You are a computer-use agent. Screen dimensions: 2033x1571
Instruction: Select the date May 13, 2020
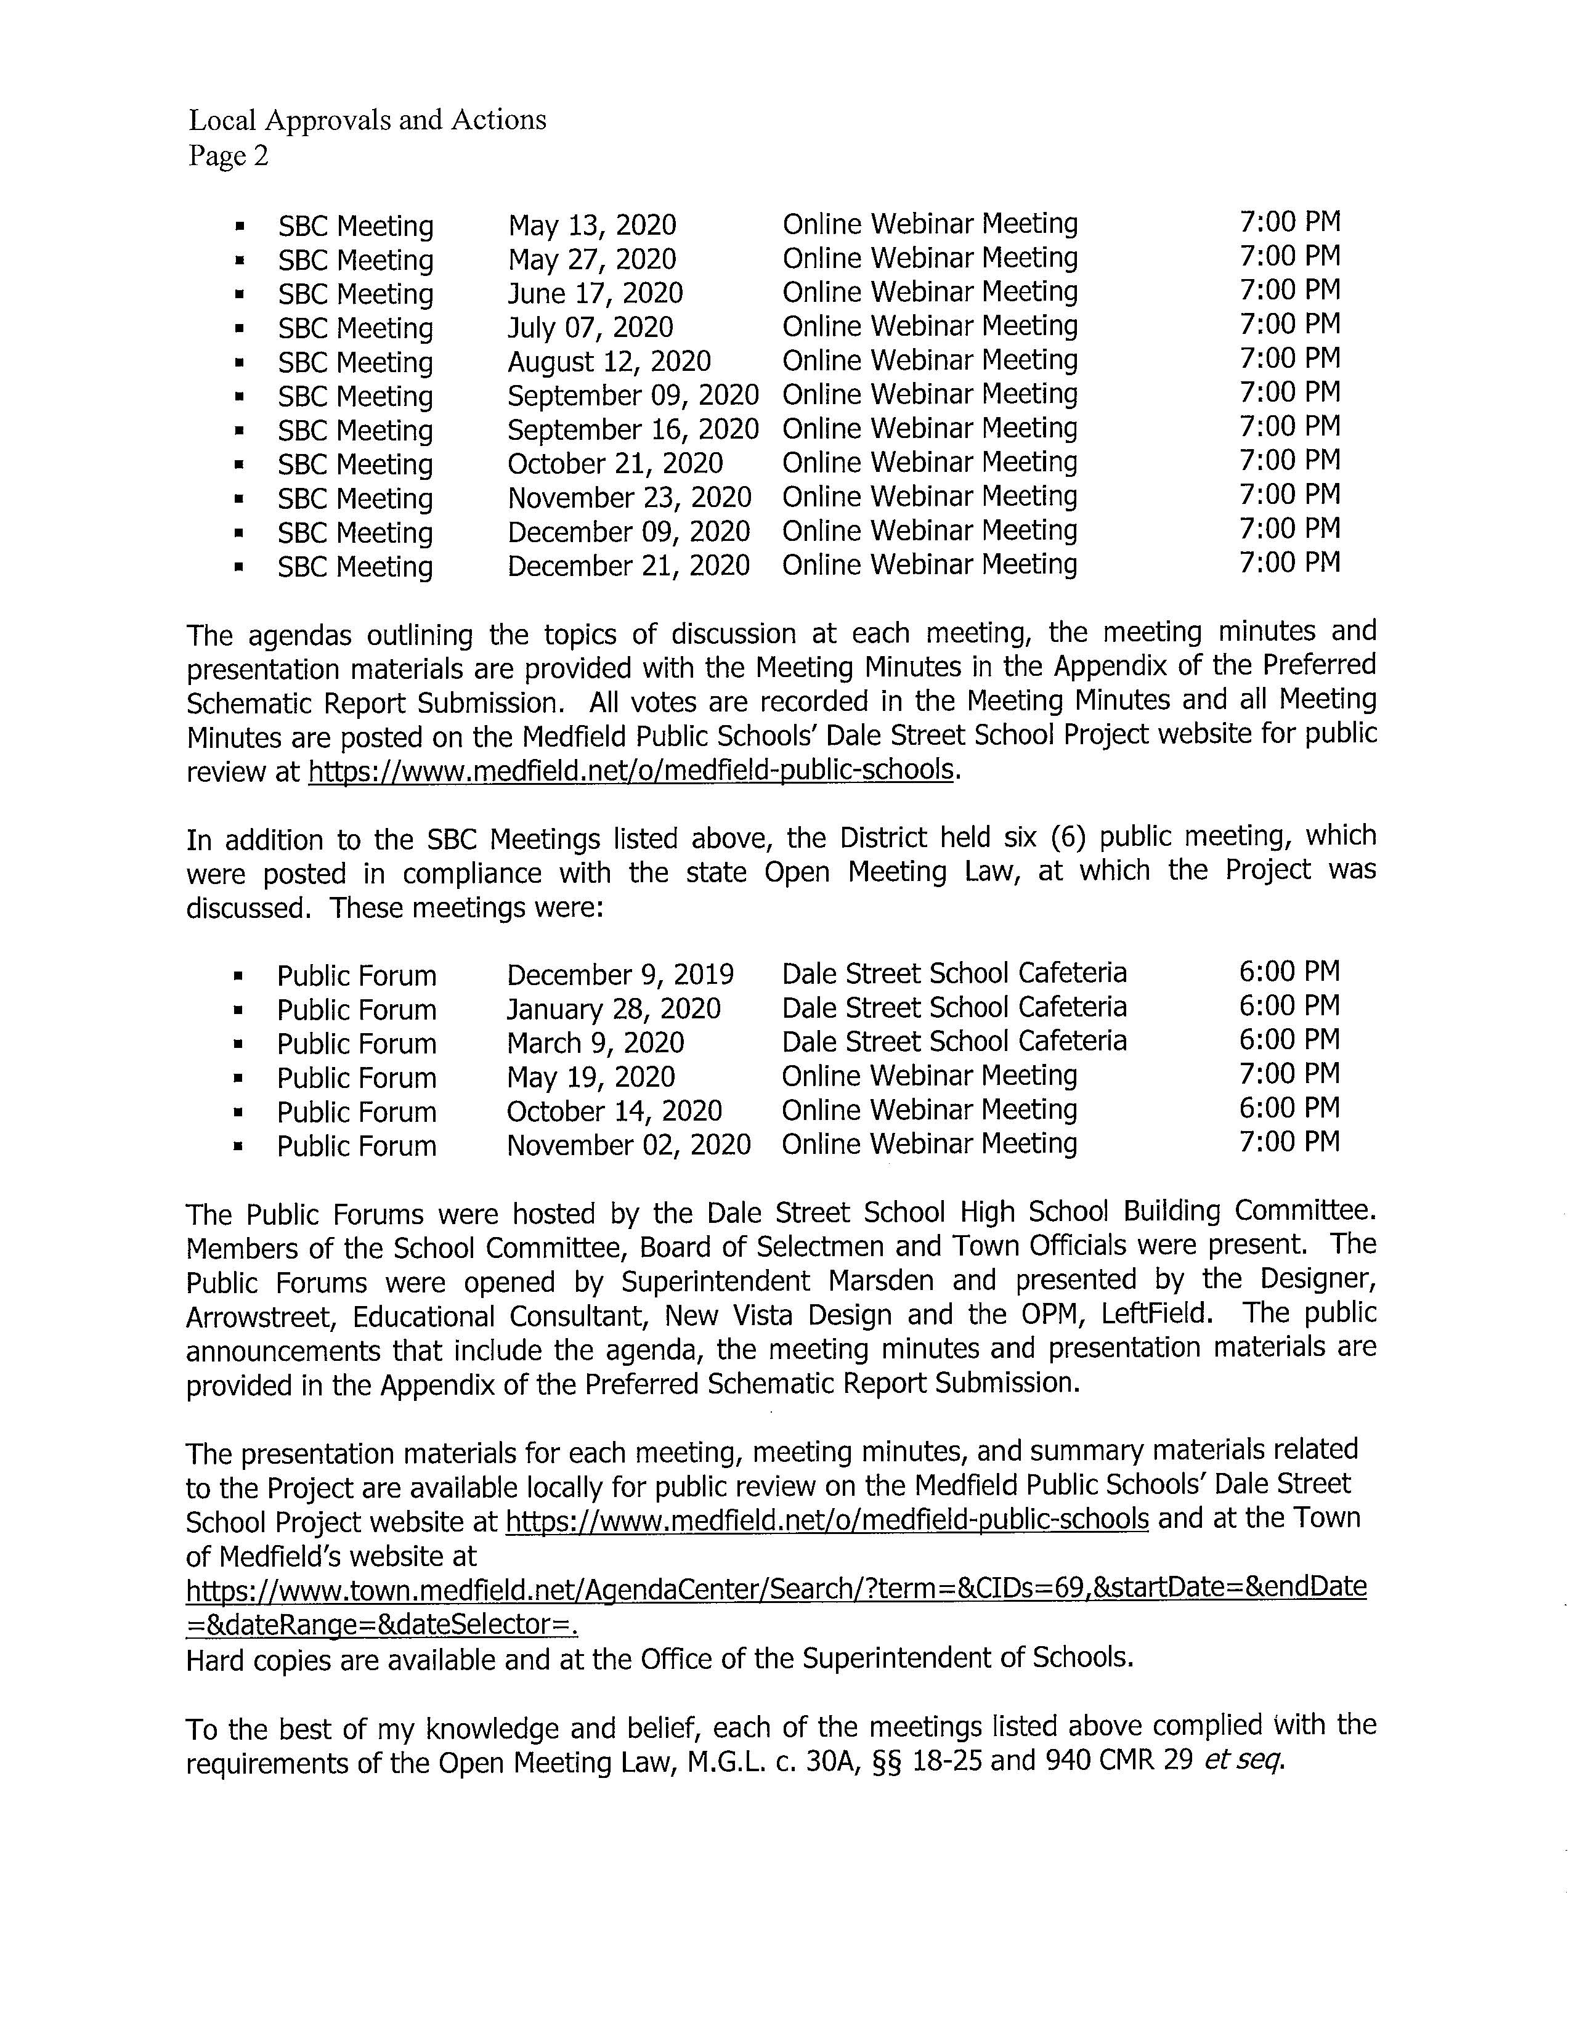click(592, 225)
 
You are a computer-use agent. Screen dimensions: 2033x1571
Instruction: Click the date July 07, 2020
click(590, 328)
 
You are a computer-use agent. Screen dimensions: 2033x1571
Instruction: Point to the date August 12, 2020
click(609, 361)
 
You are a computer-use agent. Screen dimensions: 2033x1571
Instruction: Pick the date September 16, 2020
click(633, 429)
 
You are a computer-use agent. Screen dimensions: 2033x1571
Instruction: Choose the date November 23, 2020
click(629, 498)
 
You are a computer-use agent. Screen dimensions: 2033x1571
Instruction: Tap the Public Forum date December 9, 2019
click(620, 975)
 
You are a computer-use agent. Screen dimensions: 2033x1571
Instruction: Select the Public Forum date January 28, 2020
click(614, 1009)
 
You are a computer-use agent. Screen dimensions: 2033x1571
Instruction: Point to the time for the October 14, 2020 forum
click(1289, 1108)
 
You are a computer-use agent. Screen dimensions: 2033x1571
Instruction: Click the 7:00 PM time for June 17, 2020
click(1289, 290)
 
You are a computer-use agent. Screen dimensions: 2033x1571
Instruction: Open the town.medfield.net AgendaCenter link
click(776, 1588)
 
